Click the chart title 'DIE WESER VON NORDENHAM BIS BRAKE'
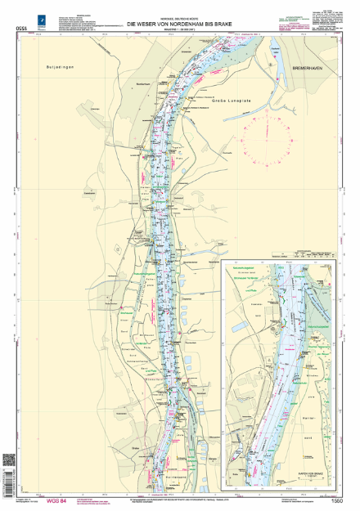click(180, 24)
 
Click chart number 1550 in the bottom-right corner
click(337, 500)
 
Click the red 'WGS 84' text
click(57, 500)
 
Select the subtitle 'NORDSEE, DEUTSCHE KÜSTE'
click(180, 17)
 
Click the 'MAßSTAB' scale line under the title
click(180, 29)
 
